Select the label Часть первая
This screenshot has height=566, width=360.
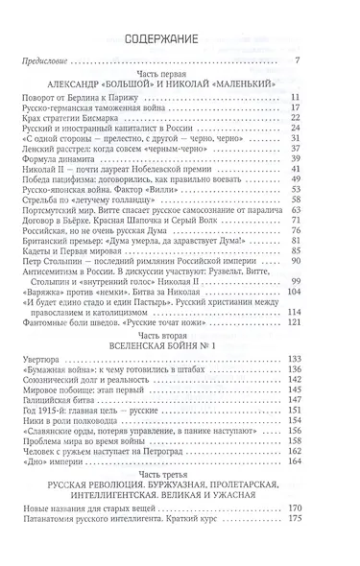click(179, 76)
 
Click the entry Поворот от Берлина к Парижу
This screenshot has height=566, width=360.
click(108, 99)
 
